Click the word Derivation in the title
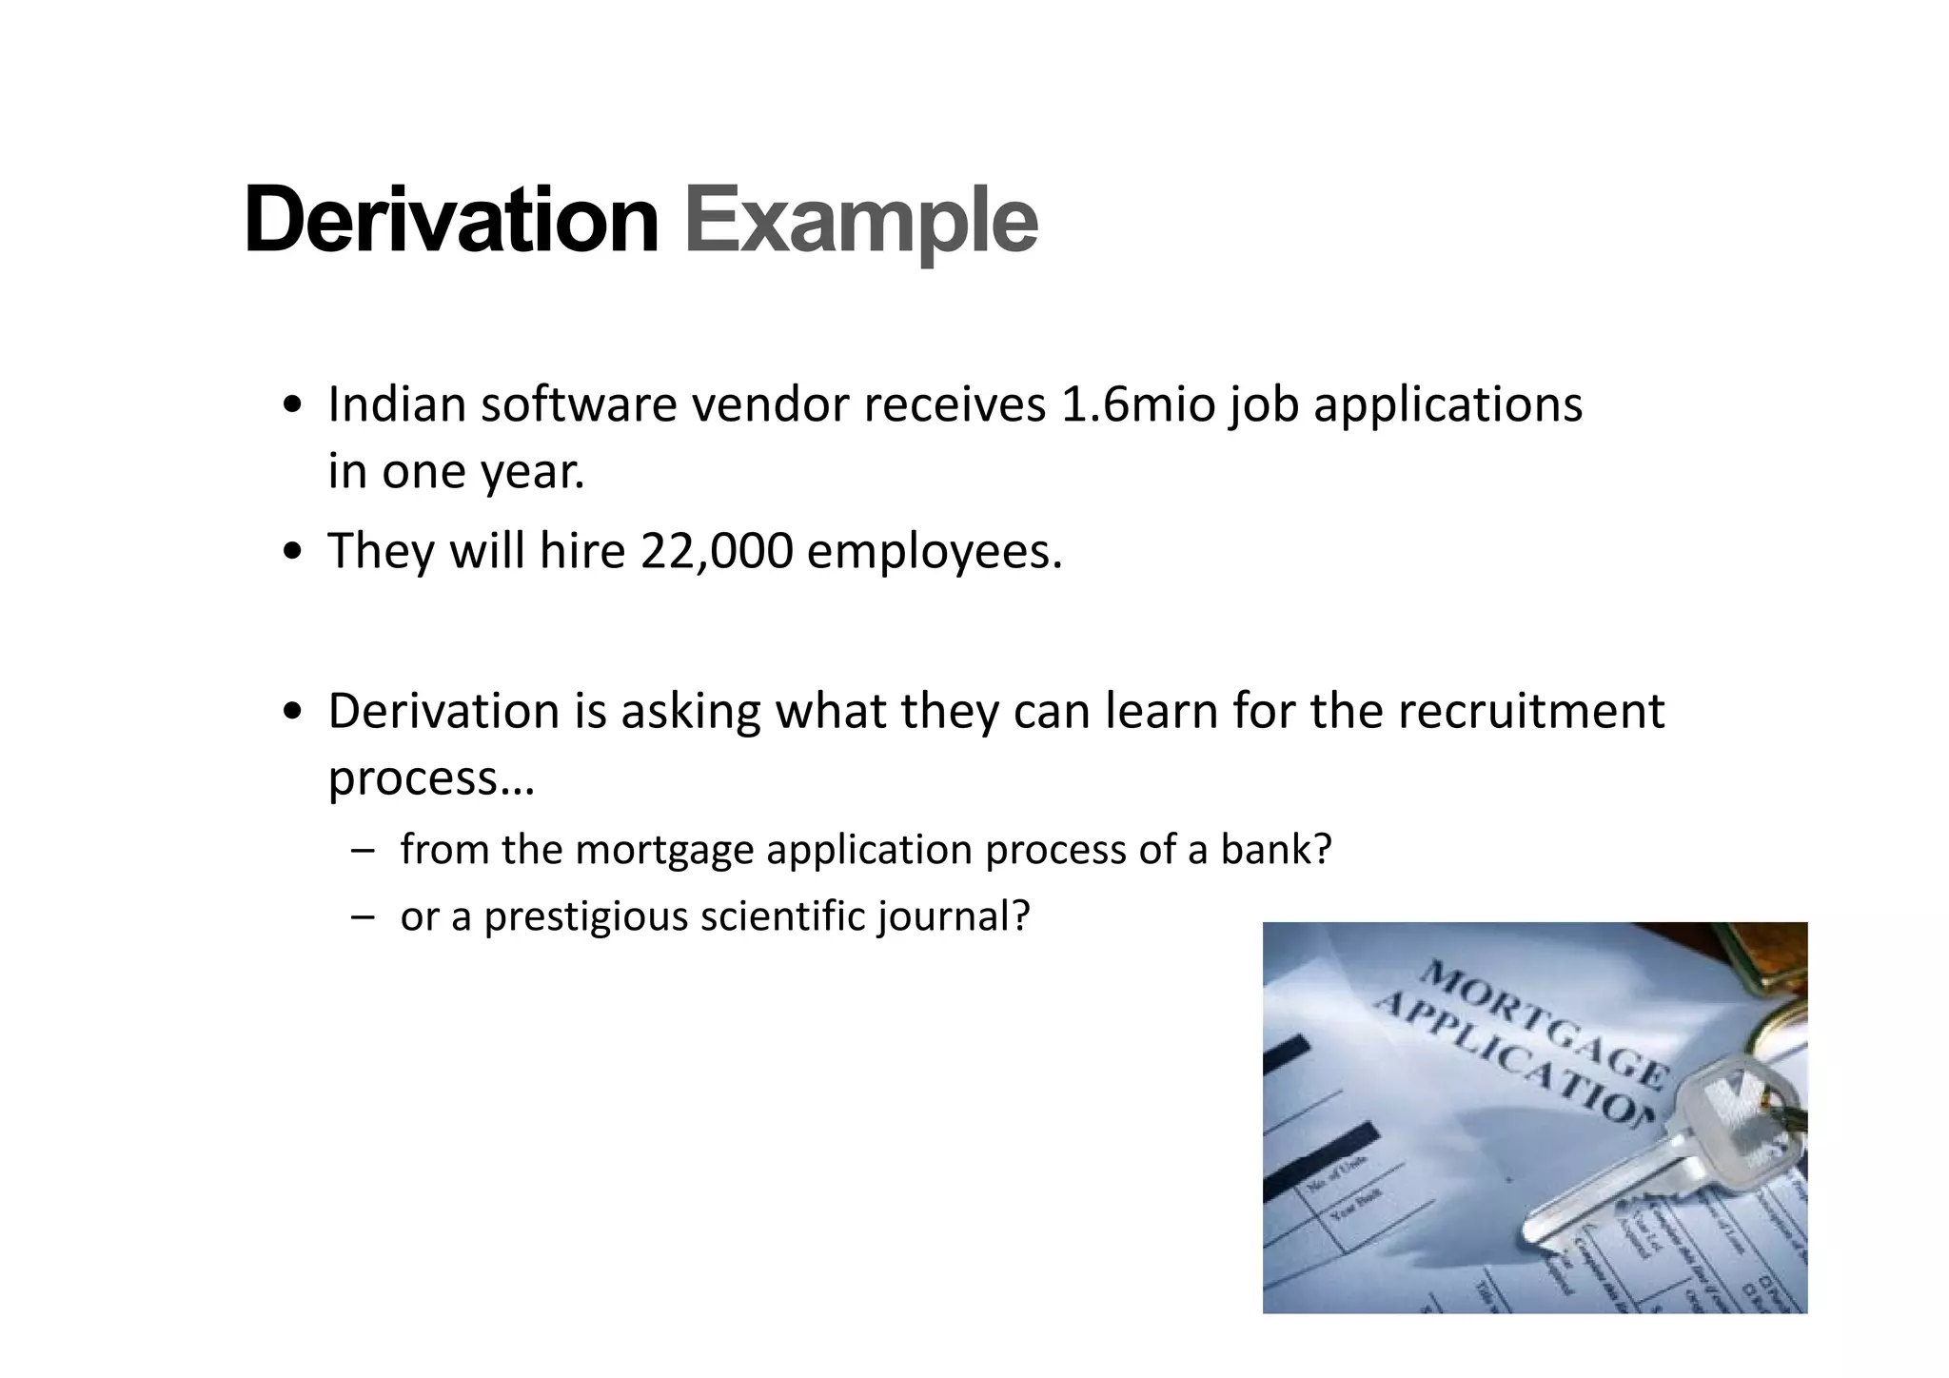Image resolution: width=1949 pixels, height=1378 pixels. [x=451, y=221]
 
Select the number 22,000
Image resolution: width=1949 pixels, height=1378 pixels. [x=717, y=551]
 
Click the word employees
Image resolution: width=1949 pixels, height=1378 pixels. [x=934, y=552]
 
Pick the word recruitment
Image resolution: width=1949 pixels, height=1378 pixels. [x=1530, y=711]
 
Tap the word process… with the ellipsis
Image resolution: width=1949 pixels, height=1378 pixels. [x=431, y=778]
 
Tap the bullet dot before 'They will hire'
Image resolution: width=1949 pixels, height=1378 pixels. [x=293, y=552]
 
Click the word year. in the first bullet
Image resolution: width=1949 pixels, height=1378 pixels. [x=532, y=472]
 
